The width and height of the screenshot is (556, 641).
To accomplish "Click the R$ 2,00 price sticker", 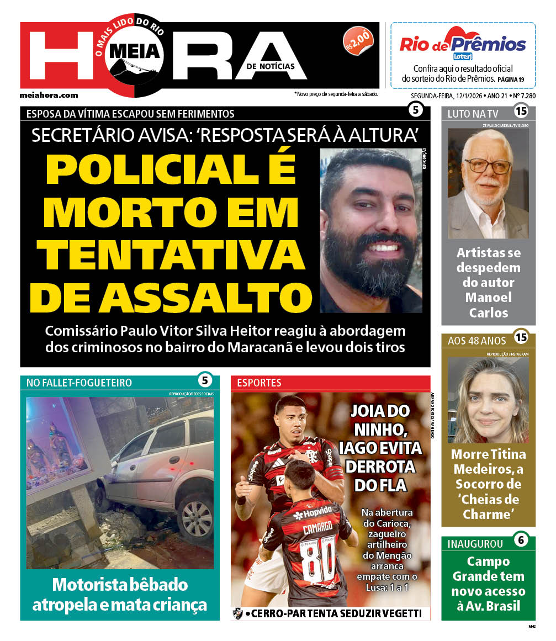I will coord(358,41).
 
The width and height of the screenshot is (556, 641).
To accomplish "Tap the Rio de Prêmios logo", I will coord(462,44).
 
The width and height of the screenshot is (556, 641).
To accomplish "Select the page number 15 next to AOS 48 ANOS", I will coord(520,337).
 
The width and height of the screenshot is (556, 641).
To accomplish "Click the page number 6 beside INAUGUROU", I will coord(520,540).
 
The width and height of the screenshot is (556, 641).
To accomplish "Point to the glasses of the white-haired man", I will coord(488,165).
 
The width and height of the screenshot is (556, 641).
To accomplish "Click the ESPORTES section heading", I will coord(260,383).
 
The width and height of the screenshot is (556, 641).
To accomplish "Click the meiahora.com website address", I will coord(49,95).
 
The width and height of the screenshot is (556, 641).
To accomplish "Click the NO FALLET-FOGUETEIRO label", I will coord(79,383).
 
